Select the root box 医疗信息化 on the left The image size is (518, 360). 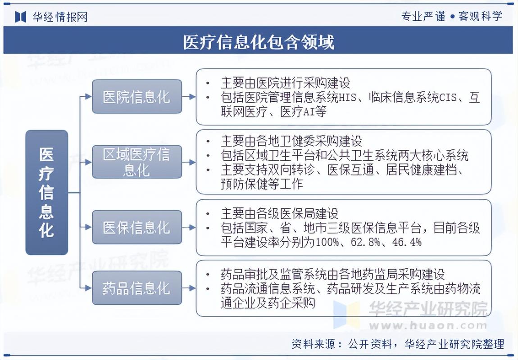tap(47, 193)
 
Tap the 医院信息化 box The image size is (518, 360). tap(137, 97)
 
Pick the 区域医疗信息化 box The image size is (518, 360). tap(137, 162)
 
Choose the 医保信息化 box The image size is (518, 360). tap(137, 227)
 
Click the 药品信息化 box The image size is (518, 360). tap(137, 288)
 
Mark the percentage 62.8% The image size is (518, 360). tap(363, 242)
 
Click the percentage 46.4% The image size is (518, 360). tap(406, 242)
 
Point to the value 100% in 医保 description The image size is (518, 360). tap(327, 242)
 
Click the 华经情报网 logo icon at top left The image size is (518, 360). tap(21, 17)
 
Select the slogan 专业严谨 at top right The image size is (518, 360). tap(417, 16)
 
